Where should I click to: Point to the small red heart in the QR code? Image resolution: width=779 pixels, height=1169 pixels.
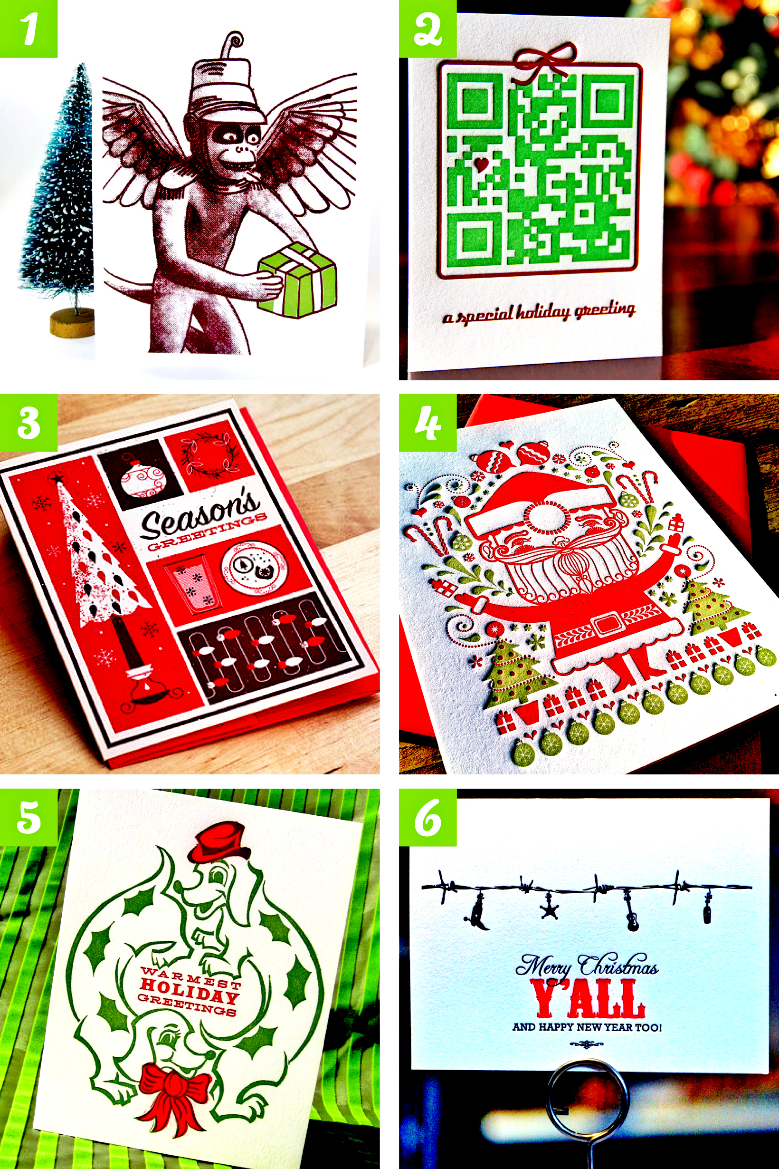point(481,164)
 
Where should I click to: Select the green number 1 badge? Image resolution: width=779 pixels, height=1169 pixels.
point(28,29)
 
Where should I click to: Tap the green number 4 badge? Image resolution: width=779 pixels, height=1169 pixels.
point(428,423)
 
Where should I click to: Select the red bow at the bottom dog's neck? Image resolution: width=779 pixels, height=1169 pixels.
point(174,1092)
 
